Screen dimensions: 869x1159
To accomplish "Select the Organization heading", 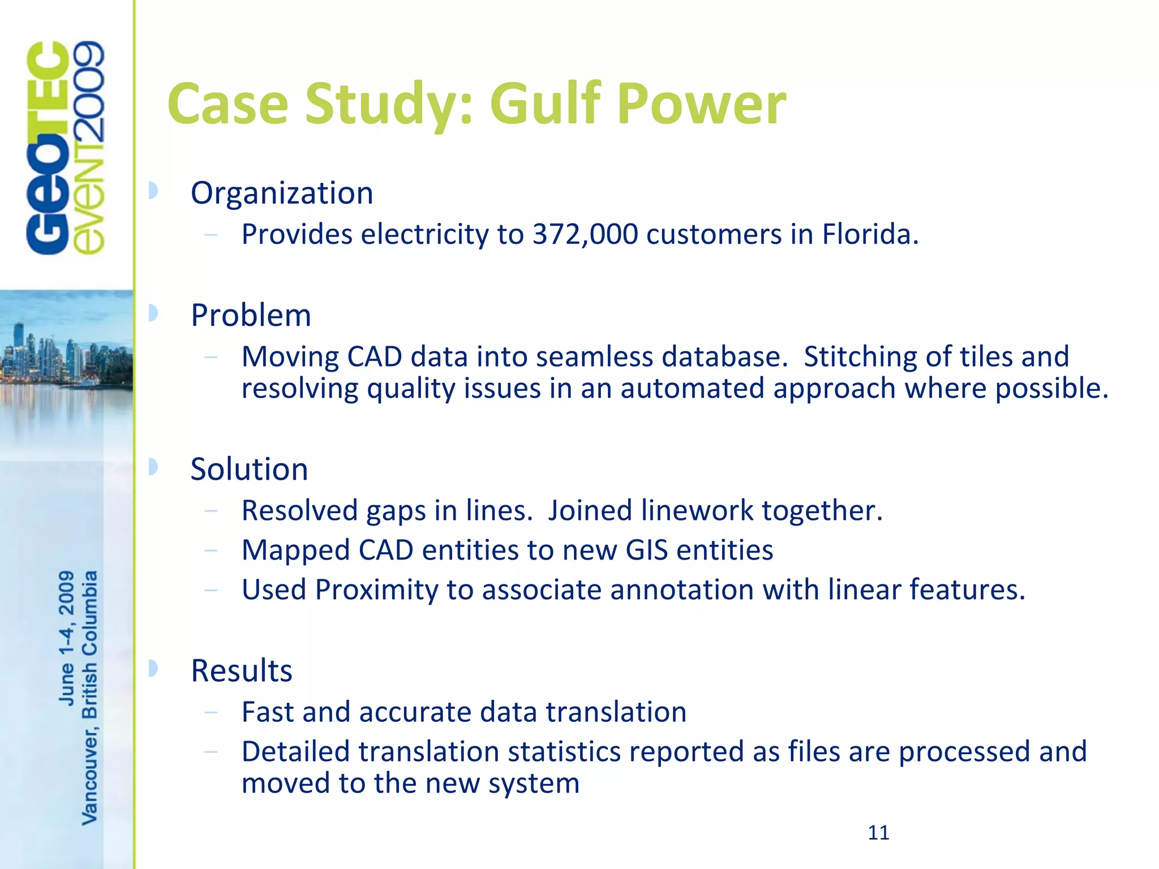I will click(x=282, y=193).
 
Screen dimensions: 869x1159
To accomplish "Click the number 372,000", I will click(x=585, y=234).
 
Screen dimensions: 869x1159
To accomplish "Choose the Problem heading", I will click(x=251, y=316).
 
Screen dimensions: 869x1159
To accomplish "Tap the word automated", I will click(x=692, y=389).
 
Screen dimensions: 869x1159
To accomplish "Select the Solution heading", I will click(x=249, y=470).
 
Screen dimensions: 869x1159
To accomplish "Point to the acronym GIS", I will click(x=647, y=550).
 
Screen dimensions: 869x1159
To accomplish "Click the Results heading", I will click(x=242, y=671).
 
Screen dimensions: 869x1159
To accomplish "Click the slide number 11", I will click(x=878, y=833).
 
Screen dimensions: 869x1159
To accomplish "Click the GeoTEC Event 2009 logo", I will click(x=66, y=148).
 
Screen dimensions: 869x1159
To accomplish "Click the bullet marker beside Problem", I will click(x=152, y=313).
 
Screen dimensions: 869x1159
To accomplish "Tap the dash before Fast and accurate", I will click(x=211, y=712).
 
